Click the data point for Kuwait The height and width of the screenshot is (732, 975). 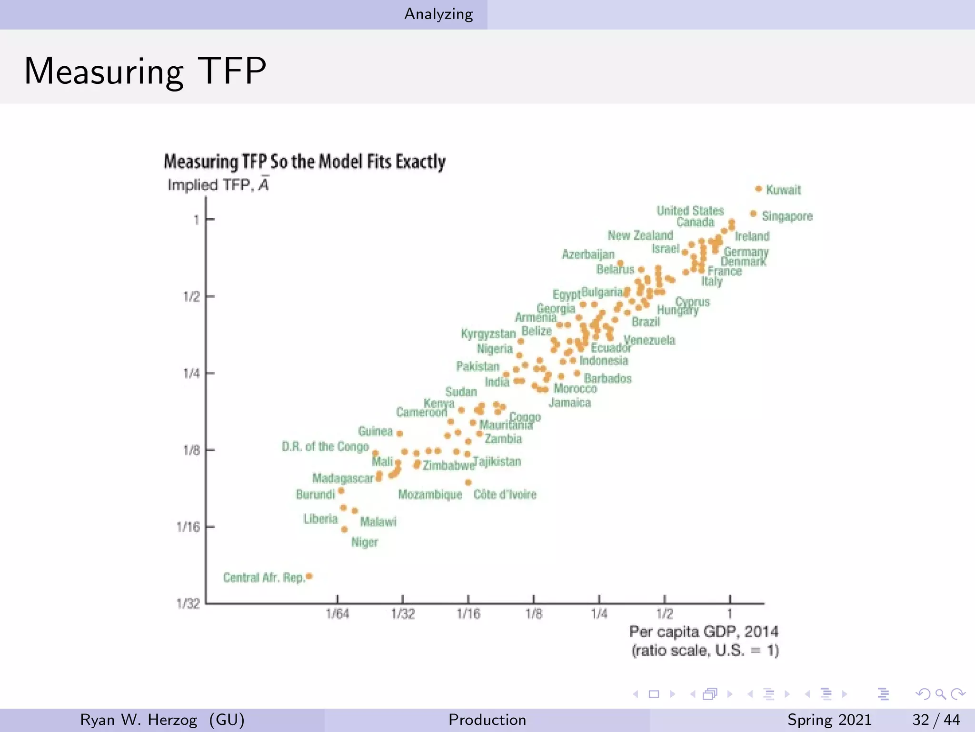pos(758,189)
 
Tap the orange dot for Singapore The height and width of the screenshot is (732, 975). pos(753,214)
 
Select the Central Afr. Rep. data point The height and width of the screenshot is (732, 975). pos(309,577)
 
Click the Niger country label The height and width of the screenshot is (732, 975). pos(364,542)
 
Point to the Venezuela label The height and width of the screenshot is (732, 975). pos(649,340)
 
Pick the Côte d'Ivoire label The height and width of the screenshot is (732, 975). pos(505,495)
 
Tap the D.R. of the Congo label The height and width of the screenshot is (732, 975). pos(325,447)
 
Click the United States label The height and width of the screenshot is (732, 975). pos(690,211)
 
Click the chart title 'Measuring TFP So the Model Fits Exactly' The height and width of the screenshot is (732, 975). pos(305,162)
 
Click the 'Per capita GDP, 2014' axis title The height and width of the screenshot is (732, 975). pos(704,632)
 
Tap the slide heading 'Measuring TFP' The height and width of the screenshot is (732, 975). pos(145,71)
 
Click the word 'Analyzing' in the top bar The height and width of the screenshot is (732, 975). pos(438,14)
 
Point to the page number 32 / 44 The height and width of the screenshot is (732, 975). pos(935,720)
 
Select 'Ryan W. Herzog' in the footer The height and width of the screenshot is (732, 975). pos(138,720)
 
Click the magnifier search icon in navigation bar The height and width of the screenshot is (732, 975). pos(940,694)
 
